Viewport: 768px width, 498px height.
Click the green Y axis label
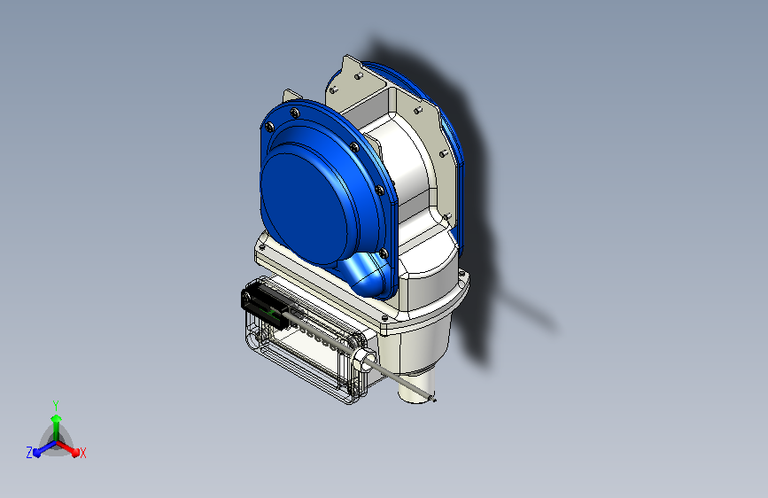pyautogui.click(x=56, y=405)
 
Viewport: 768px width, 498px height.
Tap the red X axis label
pyautogui.click(x=82, y=453)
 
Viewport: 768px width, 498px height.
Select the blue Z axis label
pyautogui.click(x=29, y=453)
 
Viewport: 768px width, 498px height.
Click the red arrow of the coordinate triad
pyautogui.click(x=68, y=448)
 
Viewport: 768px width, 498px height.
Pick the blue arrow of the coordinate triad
pyautogui.click(x=44, y=448)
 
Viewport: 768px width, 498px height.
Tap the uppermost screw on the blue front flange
pyautogui.click(x=294, y=113)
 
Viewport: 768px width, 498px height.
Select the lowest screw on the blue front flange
pyautogui.click(x=384, y=253)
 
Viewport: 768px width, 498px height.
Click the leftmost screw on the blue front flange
pyautogui.click(x=269, y=128)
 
